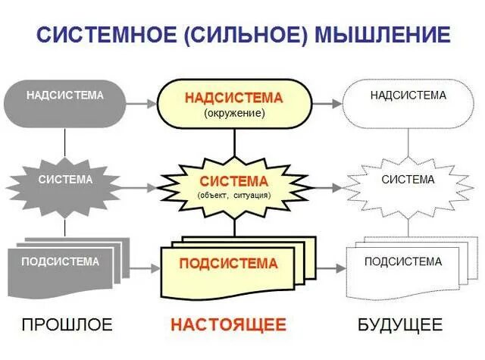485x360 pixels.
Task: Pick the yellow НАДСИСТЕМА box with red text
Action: pyautogui.click(x=233, y=104)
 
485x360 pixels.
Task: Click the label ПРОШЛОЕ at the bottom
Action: pyautogui.click(x=67, y=325)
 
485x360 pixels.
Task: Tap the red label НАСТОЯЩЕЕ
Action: pyautogui.click(x=228, y=325)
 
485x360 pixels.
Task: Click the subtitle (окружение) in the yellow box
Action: pyautogui.click(x=233, y=113)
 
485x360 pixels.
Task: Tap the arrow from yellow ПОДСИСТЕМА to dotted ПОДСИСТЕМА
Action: pyautogui.click(x=326, y=268)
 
